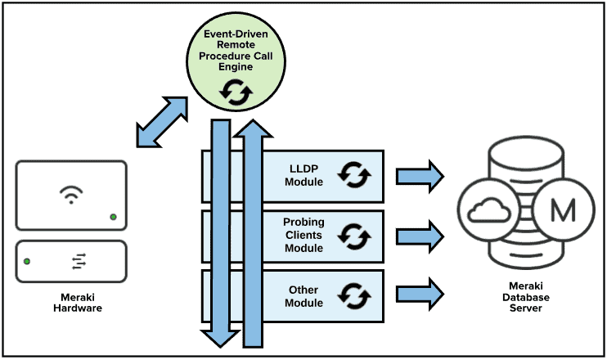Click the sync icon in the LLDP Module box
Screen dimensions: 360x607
(355, 175)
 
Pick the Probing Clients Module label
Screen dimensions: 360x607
(304, 235)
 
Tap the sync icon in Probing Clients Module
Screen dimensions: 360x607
(355, 236)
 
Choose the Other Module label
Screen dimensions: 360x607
(304, 296)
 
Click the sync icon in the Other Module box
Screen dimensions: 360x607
(355, 295)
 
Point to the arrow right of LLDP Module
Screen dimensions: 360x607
(420, 175)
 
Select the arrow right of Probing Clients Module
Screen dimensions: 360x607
(420, 236)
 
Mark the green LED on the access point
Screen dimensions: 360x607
(113, 217)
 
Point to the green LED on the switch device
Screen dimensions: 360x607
(28, 261)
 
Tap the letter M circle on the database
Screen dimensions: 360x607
(563, 210)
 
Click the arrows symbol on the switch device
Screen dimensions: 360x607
(79, 261)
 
